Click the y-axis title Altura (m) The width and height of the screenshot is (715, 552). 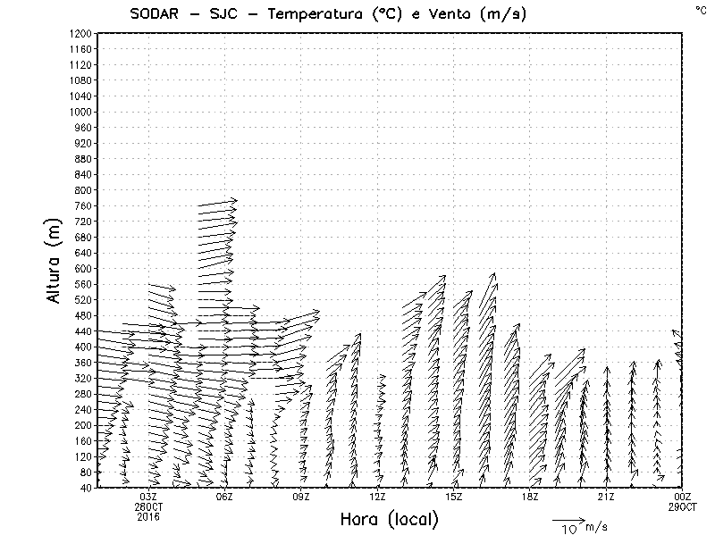(x=55, y=260)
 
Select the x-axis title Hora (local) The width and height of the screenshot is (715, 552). (x=389, y=520)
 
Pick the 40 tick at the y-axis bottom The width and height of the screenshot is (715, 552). (x=87, y=488)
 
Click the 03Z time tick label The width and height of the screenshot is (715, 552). (x=148, y=497)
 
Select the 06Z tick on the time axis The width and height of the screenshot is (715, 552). (x=224, y=497)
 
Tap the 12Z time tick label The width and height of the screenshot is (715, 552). (x=377, y=497)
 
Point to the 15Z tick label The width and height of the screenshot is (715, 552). (x=453, y=497)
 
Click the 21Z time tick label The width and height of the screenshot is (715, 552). (x=606, y=497)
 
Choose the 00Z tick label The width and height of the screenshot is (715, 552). (x=682, y=497)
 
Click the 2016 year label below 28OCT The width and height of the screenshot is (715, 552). (x=148, y=516)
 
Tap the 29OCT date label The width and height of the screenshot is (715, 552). (x=682, y=506)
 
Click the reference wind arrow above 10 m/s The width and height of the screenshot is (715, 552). (x=568, y=519)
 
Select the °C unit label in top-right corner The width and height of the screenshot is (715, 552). (x=700, y=9)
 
